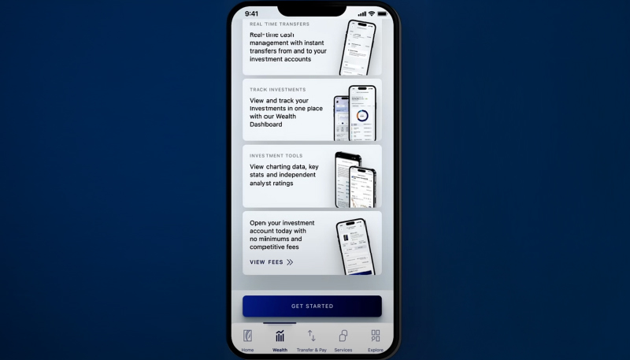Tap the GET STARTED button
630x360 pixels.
tap(312, 306)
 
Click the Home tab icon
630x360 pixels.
tap(247, 336)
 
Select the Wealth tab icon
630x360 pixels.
tap(280, 336)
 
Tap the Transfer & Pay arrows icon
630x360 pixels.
tap(311, 336)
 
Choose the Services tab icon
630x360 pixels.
tap(343, 336)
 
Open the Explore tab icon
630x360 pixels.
tap(375, 336)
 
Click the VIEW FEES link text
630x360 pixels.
tap(266, 262)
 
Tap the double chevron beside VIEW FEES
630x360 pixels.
tap(290, 262)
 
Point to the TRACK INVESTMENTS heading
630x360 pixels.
tap(277, 90)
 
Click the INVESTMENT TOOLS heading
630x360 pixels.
tap(276, 156)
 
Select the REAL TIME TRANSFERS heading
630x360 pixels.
tap(280, 24)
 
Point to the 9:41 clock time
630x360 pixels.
tap(251, 13)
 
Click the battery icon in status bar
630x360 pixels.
tap(382, 13)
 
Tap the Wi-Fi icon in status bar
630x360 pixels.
tap(372, 13)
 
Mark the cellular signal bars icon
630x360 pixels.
tap(361, 13)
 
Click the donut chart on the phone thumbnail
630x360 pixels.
tap(361, 116)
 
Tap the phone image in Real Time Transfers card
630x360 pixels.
tap(358, 47)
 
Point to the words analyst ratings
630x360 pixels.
tap(272, 184)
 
